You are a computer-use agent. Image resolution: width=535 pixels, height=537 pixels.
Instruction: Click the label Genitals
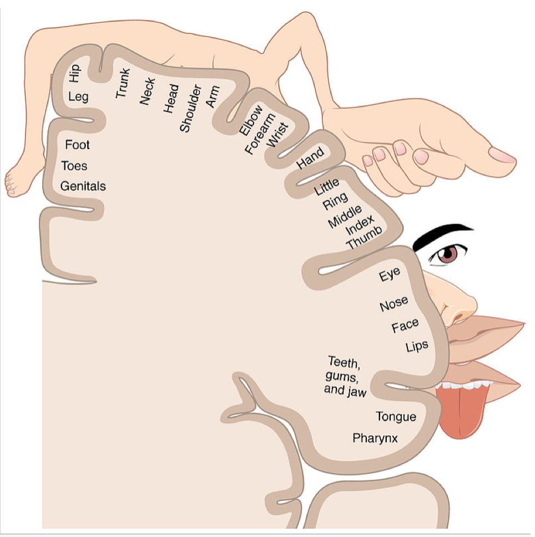83,186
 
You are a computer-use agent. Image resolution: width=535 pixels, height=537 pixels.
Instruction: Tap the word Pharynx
375,438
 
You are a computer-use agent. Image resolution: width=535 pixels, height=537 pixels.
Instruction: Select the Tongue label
396,417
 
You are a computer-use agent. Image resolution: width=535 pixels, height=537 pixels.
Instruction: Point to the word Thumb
364,237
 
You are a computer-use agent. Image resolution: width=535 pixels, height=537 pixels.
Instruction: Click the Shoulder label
190,108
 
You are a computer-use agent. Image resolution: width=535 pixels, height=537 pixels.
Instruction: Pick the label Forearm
260,134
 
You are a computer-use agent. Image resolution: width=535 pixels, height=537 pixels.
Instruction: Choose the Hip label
74,73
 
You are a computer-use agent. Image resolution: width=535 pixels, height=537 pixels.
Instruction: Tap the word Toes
74,166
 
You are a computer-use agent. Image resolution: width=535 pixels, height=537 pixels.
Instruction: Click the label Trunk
123,83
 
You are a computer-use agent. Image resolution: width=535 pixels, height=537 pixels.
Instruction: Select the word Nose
394,303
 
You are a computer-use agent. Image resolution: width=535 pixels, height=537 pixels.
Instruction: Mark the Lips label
417,346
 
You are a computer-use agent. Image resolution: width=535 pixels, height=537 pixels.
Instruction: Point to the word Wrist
277,135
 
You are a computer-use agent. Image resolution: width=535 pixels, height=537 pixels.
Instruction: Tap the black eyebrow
442,235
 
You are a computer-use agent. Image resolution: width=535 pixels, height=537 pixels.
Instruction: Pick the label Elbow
251,120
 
